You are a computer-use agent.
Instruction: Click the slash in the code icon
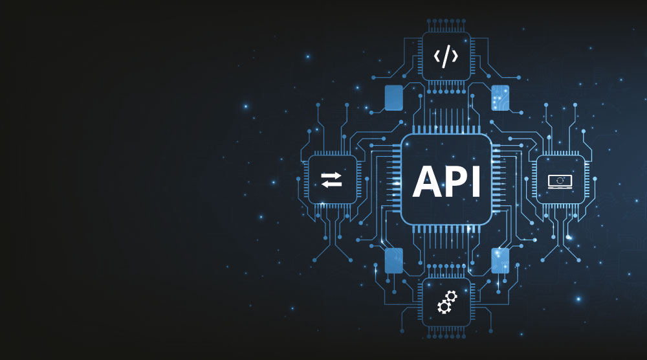tap(446, 56)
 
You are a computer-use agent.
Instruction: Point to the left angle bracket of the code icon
tap(437, 56)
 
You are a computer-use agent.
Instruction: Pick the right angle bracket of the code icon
tap(455, 56)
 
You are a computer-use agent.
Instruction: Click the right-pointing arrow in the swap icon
tap(331, 175)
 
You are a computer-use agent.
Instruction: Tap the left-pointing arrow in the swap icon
tap(331, 185)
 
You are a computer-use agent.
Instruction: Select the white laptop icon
tap(560, 181)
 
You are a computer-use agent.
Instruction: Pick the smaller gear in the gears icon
tap(452, 296)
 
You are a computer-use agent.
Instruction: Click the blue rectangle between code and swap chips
tap(394, 98)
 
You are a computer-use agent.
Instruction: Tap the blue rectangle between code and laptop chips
tap(500, 98)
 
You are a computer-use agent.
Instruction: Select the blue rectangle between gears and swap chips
tap(394, 260)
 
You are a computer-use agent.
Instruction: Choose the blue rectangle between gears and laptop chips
tap(500, 260)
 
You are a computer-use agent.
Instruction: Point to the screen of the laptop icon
tap(560, 179)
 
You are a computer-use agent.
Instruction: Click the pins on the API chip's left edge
tap(395, 179)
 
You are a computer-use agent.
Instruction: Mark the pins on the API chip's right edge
tap(497, 179)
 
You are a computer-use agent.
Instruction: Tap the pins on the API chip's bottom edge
tap(446, 230)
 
